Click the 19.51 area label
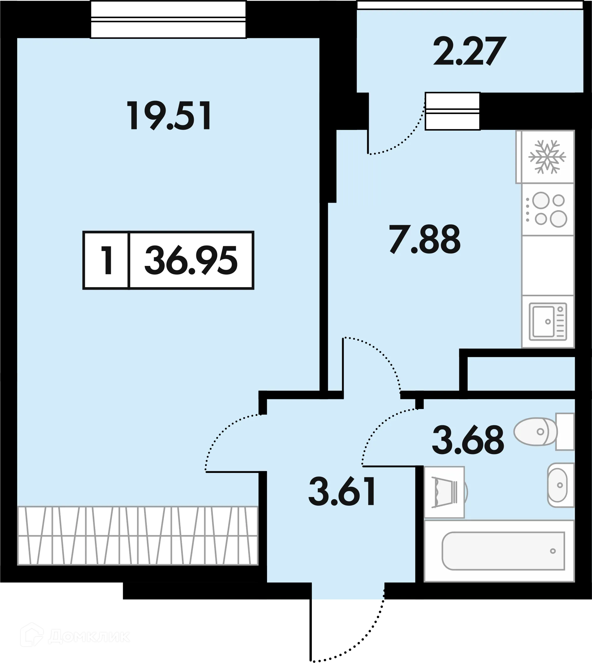tap(169, 116)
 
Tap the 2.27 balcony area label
tap(469, 51)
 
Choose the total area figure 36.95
tap(191, 260)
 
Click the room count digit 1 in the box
tap(107, 260)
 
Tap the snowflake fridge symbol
tap(547, 157)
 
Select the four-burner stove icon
tap(548, 209)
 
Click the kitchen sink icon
tap(548, 322)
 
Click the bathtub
tap(503, 551)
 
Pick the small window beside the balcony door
tap(452, 111)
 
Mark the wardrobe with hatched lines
tap(137, 536)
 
